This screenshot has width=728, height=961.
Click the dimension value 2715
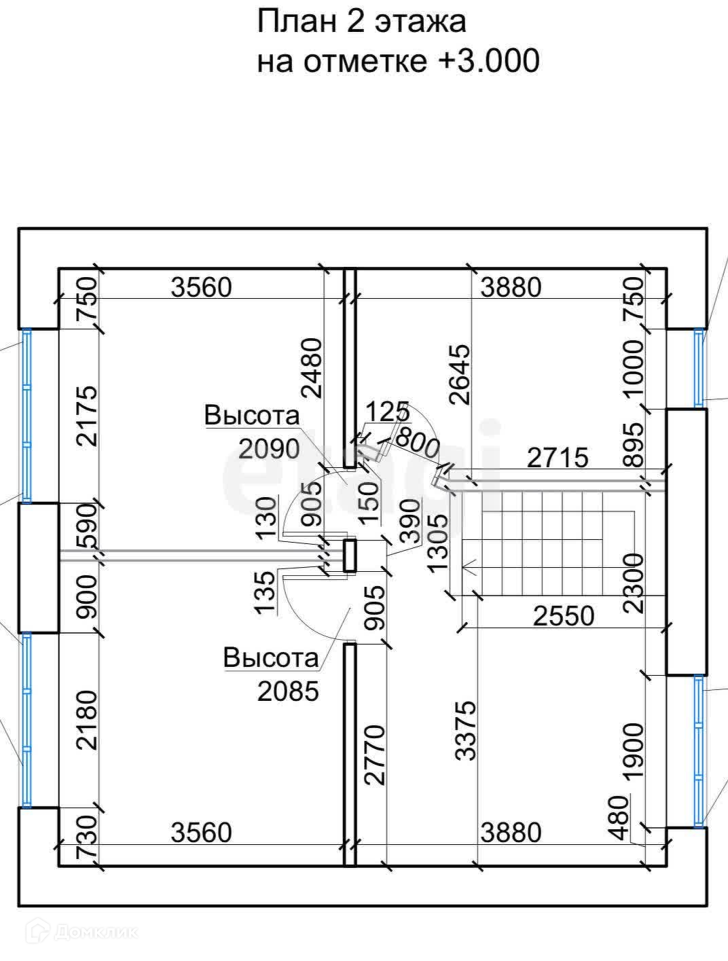click(558, 458)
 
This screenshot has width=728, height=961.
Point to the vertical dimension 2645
click(460, 374)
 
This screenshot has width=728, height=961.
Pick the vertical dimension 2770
click(375, 755)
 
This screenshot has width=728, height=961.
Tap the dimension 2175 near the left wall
click(87, 416)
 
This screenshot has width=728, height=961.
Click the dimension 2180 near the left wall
click(87, 720)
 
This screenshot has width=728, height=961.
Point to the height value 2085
click(288, 691)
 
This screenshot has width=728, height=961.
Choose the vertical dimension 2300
click(633, 583)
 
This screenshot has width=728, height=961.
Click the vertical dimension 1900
click(633, 753)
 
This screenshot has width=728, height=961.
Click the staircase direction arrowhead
click(465, 565)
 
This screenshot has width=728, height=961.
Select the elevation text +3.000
click(489, 62)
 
